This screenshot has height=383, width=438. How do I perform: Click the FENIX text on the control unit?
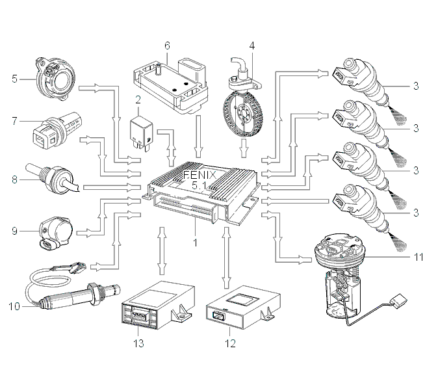pyautogui.click(x=200, y=176)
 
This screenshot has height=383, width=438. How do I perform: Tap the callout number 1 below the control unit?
pyautogui.click(x=195, y=243)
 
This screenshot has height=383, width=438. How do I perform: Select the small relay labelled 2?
pyautogui.click(x=141, y=131)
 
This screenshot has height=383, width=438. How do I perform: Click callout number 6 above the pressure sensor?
pyautogui.click(x=167, y=46)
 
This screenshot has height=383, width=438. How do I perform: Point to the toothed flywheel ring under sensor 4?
pyautogui.click(x=243, y=115)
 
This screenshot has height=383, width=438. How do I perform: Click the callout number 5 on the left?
pyautogui.click(x=14, y=79)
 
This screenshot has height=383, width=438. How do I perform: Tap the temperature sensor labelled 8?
pyautogui.click(x=52, y=179)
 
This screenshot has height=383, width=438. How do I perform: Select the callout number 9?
pyautogui.click(x=14, y=231)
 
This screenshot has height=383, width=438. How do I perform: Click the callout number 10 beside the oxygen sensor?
pyautogui.click(x=14, y=306)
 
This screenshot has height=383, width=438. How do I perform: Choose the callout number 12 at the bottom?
pyautogui.click(x=230, y=343)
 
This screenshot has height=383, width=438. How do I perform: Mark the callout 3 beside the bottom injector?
pyautogui.click(x=416, y=213)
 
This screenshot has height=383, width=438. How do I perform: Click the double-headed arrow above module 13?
pyautogui.click(x=161, y=251)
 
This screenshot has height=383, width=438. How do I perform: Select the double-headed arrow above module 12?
pyautogui.click(x=227, y=258)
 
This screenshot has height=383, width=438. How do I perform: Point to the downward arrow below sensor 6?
pyautogui.click(x=199, y=137)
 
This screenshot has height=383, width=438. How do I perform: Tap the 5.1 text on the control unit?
pyautogui.click(x=199, y=185)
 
